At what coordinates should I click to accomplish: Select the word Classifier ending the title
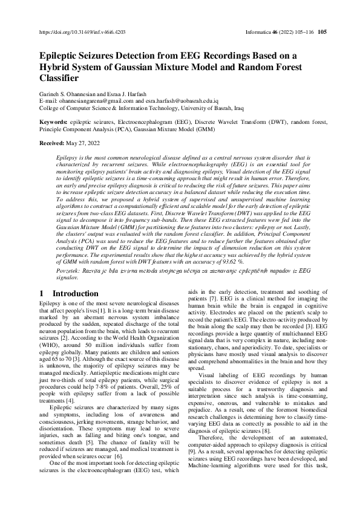tap(59, 78)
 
